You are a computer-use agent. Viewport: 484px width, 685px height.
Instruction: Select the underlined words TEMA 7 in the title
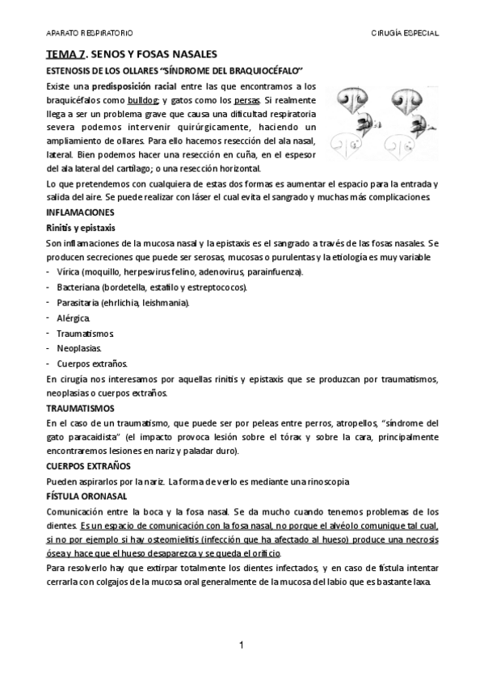pyautogui.click(x=64, y=54)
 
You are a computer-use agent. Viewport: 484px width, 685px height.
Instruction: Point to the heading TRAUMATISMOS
pyautogui.click(x=80, y=408)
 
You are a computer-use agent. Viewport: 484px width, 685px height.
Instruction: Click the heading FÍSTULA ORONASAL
pyautogui.click(x=85, y=496)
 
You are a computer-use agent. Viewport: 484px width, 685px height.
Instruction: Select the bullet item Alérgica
pyautogui.click(x=74, y=317)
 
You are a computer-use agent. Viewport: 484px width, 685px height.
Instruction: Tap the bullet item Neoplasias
pyautogui.click(x=79, y=348)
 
